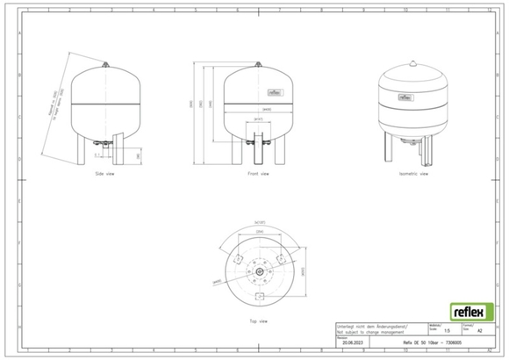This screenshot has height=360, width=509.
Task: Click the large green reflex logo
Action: (470, 312)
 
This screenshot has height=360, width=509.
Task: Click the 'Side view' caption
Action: (105, 174)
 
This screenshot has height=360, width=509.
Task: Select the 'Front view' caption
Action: (257, 174)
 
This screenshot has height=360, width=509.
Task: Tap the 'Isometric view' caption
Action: (413, 174)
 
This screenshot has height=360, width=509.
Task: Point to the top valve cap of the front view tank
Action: (257, 64)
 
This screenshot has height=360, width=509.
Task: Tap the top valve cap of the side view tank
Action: (105, 64)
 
